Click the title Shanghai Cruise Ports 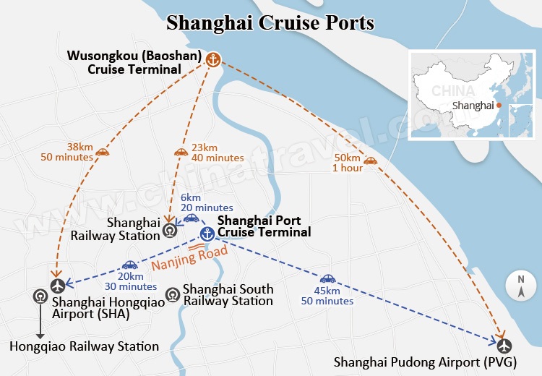pyautogui.click(x=270, y=22)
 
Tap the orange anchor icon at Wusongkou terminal pyautogui.click(x=213, y=60)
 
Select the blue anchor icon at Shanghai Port pyautogui.click(x=207, y=234)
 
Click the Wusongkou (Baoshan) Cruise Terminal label pyautogui.click(x=134, y=63)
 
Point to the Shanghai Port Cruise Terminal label pyautogui.click(x=264, y=226)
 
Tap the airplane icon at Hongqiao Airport pyautogui.click(x=58, y=285)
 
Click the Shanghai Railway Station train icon pyautogui.click(x=169, y=231)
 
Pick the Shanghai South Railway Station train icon pyautogui.click(x=173, y=294)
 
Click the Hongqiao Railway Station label pyautogui.click(x=84, y=346)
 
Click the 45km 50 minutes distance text pyautogui.click(x=327, y=295)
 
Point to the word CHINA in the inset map pyautogui.click(x=453, y=91)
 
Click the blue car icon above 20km pyautogui.click(x=130, y=265)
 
